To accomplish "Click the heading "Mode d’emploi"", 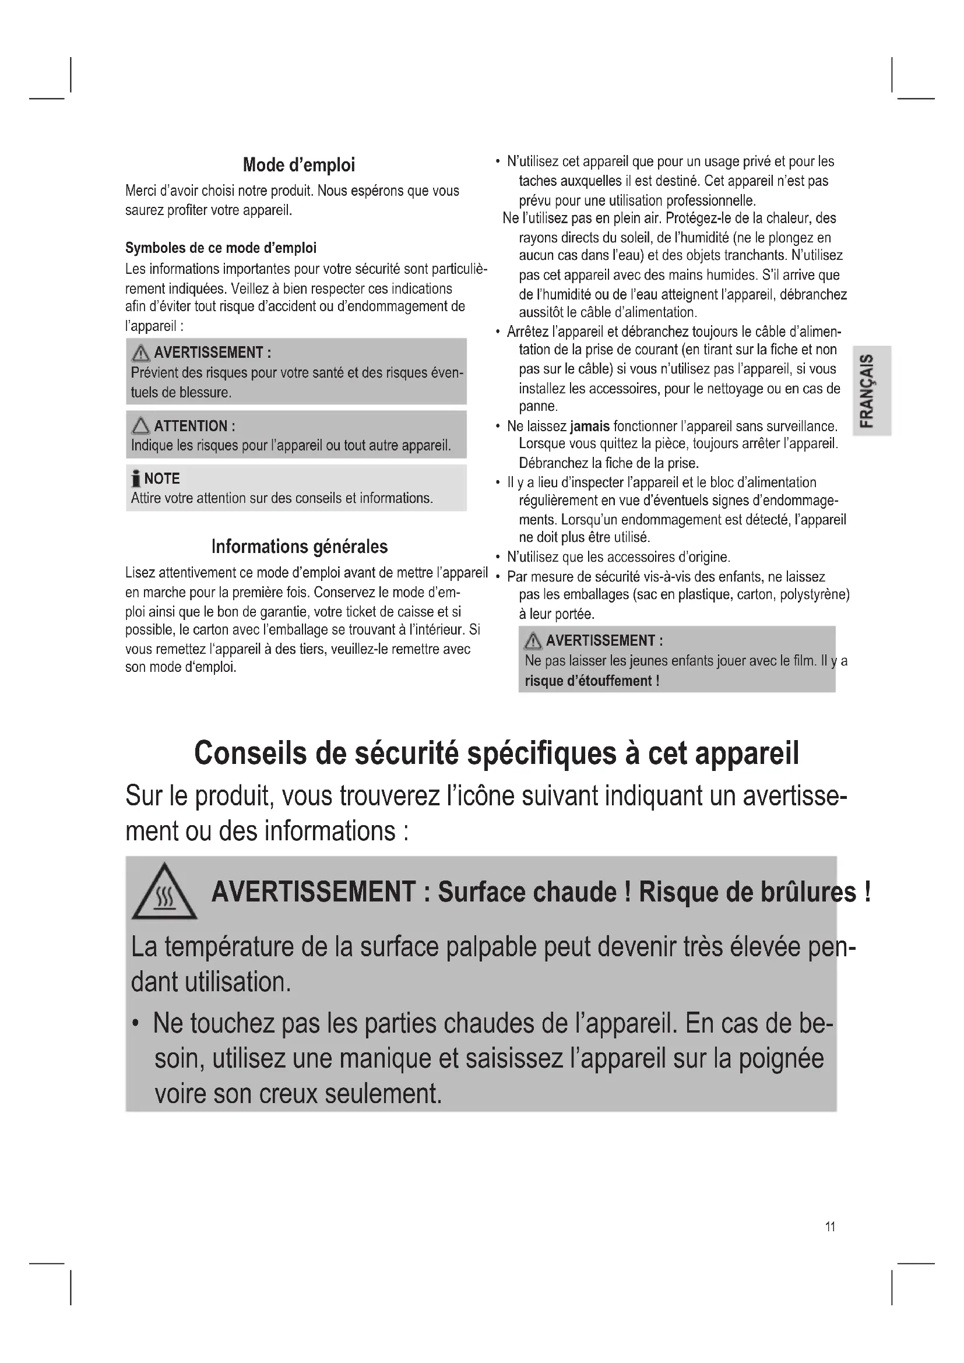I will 298,165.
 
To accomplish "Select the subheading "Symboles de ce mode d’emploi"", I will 221,248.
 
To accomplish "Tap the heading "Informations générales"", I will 299,546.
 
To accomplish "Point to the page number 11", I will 830,1227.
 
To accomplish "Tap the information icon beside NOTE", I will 136,478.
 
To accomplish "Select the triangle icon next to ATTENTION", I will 140,425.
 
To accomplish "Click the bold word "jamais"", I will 589,426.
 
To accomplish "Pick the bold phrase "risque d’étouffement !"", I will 592,680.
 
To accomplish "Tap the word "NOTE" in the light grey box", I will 162,478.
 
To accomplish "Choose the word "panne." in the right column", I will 539,407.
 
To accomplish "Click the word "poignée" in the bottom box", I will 781,1058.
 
